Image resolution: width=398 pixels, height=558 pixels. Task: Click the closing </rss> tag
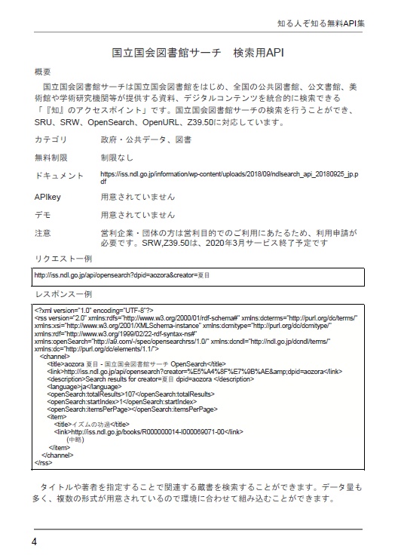(43, 462)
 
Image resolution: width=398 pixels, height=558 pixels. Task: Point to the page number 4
(35, 541)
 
